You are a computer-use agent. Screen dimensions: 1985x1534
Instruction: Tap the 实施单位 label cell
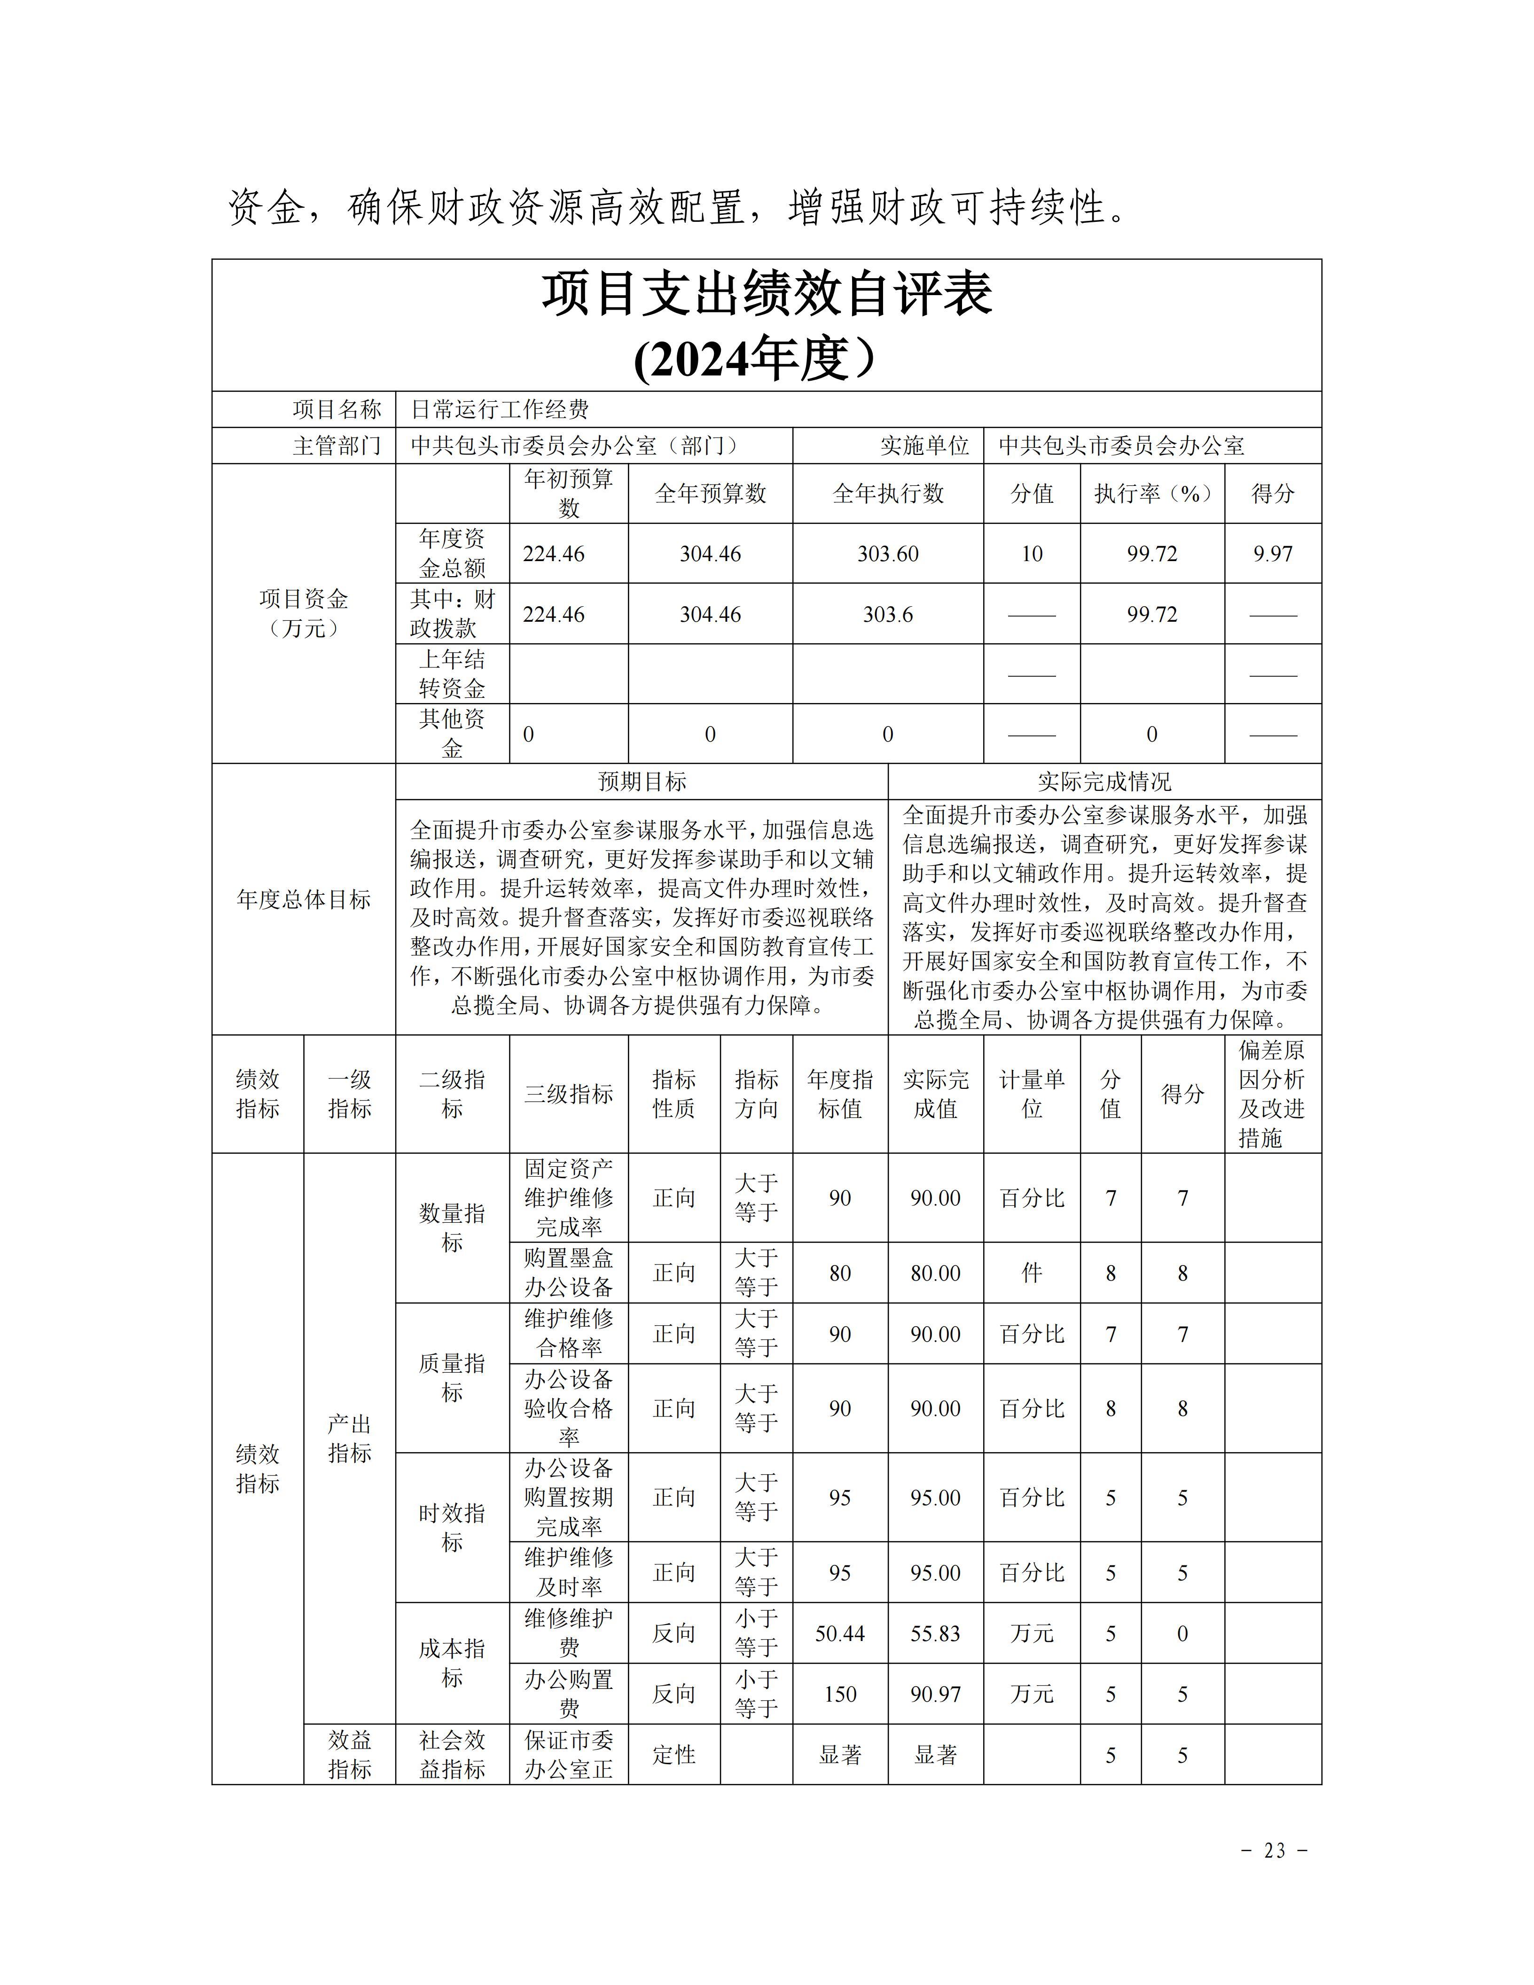[x=924, y=445]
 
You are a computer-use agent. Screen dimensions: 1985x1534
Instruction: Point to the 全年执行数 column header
[x=888, y=493]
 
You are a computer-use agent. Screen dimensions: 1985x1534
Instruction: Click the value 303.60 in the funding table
[x=888, y=554]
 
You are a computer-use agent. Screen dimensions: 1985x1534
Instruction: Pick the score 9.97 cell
[x=1272, y=554]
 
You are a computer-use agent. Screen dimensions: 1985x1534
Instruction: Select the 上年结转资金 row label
[x=452, y=673]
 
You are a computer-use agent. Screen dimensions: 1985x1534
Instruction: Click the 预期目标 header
[x=642, y=781]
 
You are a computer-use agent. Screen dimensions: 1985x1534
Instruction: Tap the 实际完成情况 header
[x=1104, y=781]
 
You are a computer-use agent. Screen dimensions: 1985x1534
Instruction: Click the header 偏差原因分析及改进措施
[x=1272, y=1094]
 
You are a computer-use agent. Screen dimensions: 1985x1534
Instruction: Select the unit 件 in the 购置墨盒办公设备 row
[x=1032, y=1273]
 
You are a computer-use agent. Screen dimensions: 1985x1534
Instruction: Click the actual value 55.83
[x=935, y=1633]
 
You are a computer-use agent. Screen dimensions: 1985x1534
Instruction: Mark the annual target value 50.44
[x=840, y=1633]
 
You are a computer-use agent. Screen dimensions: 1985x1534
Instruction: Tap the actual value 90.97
[x=935, y=1694]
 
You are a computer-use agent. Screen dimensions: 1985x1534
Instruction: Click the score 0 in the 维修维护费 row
[x=1182, y=1633]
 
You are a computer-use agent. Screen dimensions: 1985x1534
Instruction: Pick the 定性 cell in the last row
[x=673, y=1755]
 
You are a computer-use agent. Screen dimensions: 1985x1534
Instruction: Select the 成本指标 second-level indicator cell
[x=452, y=1663]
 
